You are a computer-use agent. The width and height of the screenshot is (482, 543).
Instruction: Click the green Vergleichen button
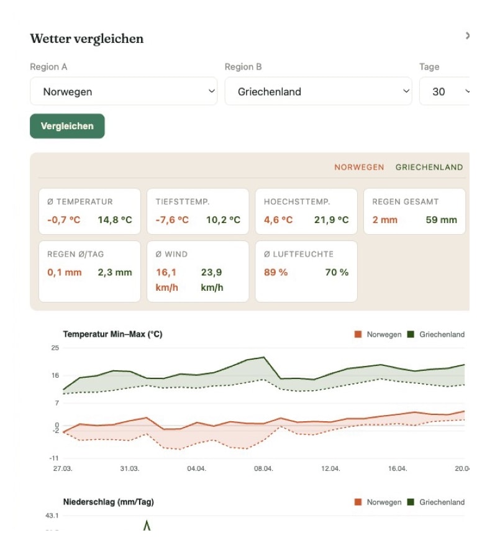click(67, 126)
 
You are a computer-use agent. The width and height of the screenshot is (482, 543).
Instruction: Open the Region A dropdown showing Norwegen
click(124, 91)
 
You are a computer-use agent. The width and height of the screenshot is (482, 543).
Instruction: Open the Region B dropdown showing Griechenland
click(318, 91)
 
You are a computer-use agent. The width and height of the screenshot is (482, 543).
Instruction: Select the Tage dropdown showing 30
click(445, 91)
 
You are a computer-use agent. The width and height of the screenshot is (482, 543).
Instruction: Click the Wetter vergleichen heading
click(86, 39)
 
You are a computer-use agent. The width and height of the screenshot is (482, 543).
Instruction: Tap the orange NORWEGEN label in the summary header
click(359, 167)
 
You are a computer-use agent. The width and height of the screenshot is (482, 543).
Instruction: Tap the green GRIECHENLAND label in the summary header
click(429, 167)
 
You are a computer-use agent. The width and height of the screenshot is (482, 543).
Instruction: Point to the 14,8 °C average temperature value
click(115, 220)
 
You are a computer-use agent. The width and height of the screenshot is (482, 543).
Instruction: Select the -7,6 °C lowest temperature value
click(172, 220)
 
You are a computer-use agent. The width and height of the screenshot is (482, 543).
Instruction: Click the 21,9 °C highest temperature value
click(331, 220)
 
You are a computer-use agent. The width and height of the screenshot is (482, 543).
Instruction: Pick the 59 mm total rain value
click(441, 220)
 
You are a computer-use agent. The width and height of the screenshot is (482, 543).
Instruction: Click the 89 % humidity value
click(276, 272)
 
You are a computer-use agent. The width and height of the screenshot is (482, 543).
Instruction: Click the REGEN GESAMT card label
click(405, 202)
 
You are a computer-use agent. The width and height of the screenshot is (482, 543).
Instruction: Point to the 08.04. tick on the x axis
click(263, 468)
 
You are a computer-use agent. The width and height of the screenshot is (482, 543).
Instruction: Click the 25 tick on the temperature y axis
click(55, 347)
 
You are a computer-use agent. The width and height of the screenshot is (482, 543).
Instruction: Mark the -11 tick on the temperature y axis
click(54, 458)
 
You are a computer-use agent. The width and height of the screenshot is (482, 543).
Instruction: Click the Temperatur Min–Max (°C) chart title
click(112, 334)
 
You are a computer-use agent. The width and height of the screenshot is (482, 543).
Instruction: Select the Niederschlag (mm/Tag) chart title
click(108, 502)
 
